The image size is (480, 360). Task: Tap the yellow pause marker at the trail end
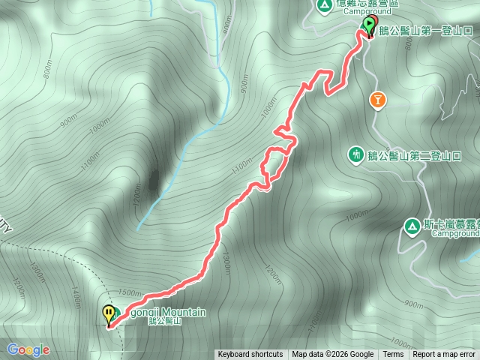click(x=109, y=313)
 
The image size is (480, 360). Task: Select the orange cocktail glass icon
click(x=379, y=98)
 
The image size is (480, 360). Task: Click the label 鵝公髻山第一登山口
click(x=426, y=31)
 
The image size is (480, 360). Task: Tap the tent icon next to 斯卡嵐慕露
click(x=411, y=225)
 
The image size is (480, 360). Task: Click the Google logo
click(x=28, y=349)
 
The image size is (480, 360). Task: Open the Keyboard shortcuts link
click(x=250, y=355)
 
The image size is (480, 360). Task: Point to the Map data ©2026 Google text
click(x=333, y=355)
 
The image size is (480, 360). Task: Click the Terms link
click(x=393, y=355)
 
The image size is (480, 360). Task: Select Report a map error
click(x=443, y=355)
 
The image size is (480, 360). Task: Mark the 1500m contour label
click(x=129, y=292)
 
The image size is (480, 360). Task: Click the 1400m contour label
click(x=76, y=295)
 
